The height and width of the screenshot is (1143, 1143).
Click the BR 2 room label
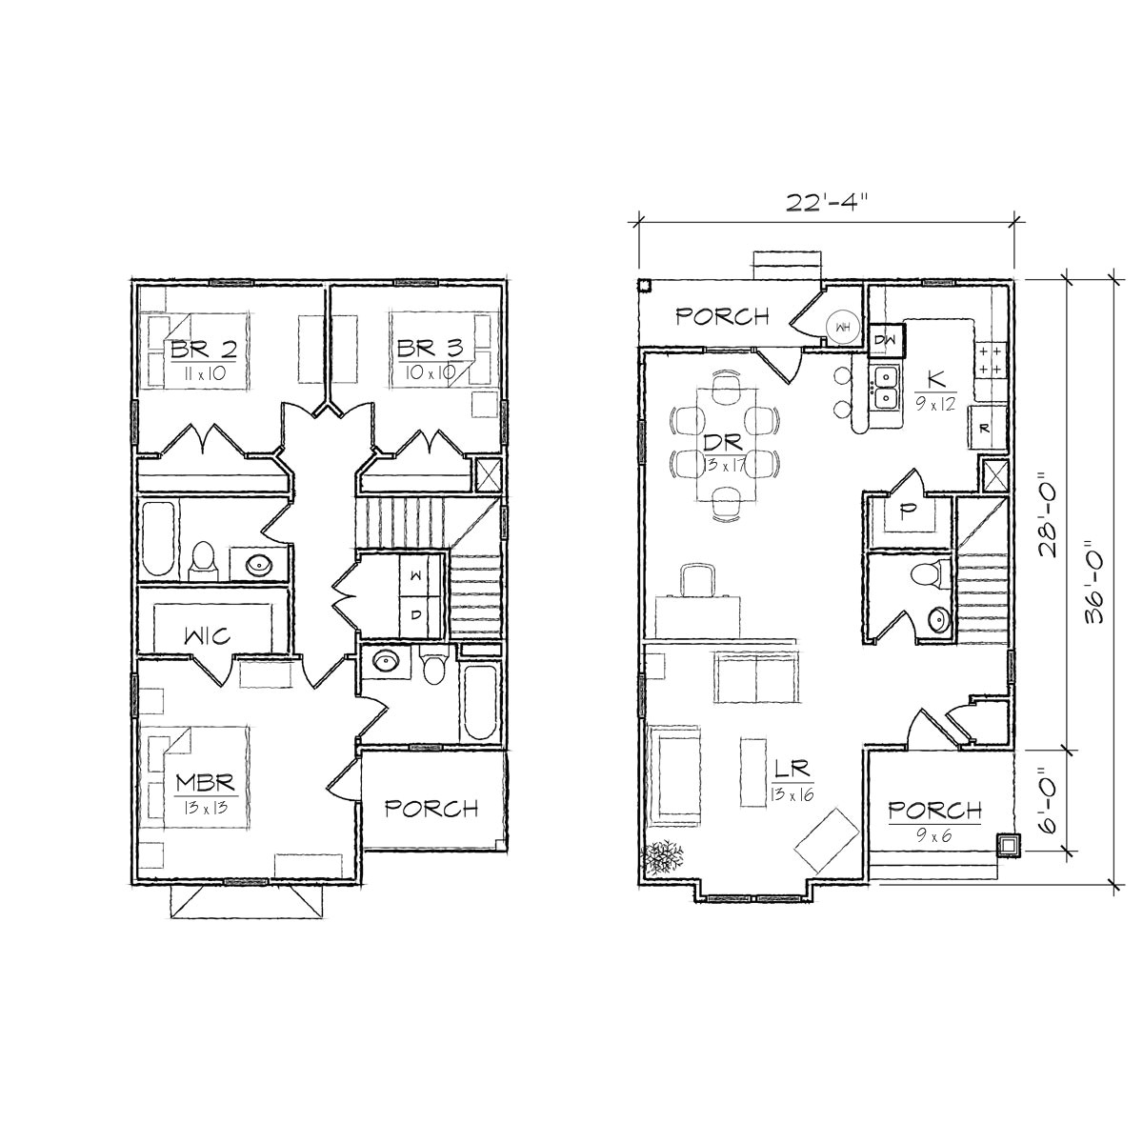(x=204, y=349)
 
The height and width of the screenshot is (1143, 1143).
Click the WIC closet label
(x=206, y=636)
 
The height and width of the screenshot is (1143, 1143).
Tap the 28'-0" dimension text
(x=1048, y=514)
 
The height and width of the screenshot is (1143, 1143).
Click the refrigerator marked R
(x=984, y=428)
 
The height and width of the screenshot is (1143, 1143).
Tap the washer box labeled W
(x=416, y=577)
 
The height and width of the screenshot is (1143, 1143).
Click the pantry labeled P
(x=908, y=511)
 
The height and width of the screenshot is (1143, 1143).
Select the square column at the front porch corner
(x=1008, y=845)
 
